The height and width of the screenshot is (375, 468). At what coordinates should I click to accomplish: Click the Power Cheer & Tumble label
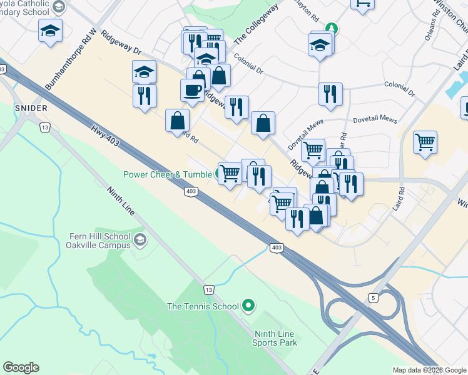(168, 175)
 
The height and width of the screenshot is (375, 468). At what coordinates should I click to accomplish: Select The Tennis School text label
(203, 306)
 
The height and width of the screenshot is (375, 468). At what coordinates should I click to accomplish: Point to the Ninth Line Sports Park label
(274, 337)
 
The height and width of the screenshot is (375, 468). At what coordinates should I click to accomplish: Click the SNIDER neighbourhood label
(31, 108)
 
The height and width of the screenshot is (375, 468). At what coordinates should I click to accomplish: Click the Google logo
(21, 367)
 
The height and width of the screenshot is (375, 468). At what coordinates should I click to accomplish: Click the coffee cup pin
(192, 89)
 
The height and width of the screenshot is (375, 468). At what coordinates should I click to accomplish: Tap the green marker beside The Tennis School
(248, 306)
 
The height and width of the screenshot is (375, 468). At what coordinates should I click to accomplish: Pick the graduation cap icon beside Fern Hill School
(140, 239)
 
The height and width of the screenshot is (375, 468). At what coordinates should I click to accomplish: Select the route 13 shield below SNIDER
(44, 127)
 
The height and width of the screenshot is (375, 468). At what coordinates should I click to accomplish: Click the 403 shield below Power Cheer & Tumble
(191, 191)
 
